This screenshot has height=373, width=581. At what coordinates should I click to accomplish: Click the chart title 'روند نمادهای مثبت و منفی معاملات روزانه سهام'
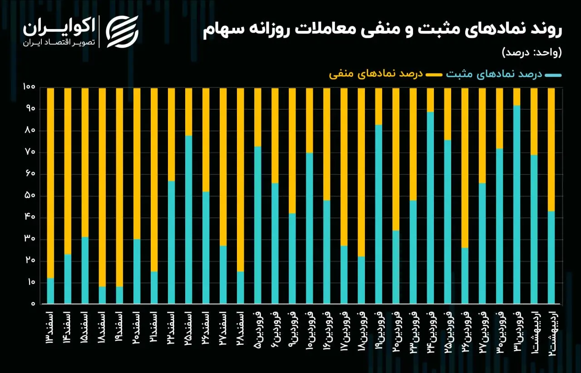382,30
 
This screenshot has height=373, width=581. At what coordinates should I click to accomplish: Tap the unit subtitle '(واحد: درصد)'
532,53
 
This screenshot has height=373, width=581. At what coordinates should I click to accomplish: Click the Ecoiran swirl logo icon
122,32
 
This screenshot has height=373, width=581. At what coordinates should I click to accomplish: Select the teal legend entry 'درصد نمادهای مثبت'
504,75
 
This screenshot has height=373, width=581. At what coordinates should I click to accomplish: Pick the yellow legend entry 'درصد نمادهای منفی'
386,75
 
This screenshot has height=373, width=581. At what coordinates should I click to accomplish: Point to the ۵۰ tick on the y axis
30,195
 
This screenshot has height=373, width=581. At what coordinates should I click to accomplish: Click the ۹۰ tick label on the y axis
30,109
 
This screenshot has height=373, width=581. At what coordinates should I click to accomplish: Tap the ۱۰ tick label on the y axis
30,282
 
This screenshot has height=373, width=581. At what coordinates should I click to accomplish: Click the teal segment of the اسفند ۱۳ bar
50,291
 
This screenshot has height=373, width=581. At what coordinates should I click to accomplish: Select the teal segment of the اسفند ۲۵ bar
188,219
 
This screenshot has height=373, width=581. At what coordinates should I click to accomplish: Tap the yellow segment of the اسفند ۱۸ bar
102,187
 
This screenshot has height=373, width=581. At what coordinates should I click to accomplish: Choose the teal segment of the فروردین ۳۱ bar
517,204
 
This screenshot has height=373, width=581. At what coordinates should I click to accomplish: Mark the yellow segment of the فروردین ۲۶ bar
465,168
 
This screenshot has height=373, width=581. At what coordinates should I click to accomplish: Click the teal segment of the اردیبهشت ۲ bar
551,258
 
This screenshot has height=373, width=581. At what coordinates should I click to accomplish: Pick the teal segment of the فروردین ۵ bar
257,225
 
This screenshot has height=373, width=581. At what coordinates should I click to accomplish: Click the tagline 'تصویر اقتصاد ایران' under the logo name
59,43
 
